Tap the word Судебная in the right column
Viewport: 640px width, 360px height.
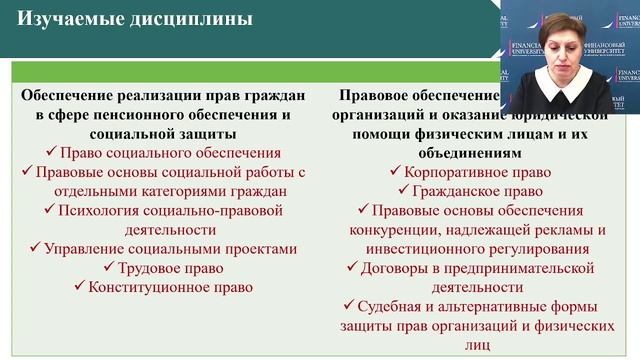pos(393,306)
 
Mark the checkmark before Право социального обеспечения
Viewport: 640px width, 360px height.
pos(52,153)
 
